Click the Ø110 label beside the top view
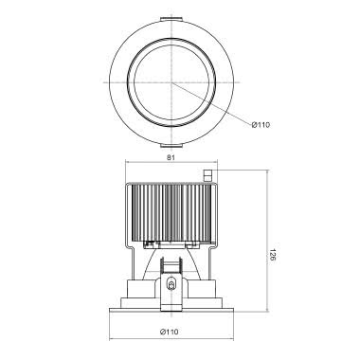[x=261, y=125]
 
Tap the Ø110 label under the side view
[x=169, y=332]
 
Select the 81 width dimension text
[x=171, y=157]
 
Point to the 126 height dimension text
[x=272, y=255]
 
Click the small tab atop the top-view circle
[x=171, y=19]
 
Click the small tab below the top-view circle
[x=171, y=146]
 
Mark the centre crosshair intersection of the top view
[x=171, y=82]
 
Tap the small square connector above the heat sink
[x=208, y=175]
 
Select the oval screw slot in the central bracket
[x=171, y=284]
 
